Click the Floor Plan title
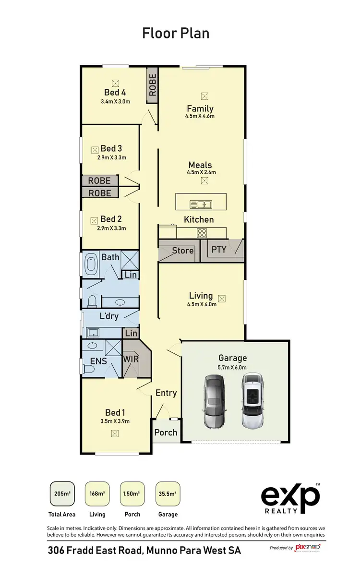pos(176,33)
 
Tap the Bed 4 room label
pos(115,92)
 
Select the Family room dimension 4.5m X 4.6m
pos(200,116)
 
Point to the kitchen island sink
pos(201,204)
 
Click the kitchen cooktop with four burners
pos(202,233)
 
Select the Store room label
pos(182,251)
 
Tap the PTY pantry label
pos(219,250)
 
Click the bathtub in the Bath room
pos(91,265)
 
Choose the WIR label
pos(131,359)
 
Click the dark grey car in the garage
pos(214,401)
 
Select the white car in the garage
pos(253,401)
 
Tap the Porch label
pos(166,433)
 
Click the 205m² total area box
pos(61,494)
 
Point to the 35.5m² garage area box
pos(168,494)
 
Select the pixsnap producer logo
pos(307,547)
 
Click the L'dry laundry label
pos(109,316)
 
